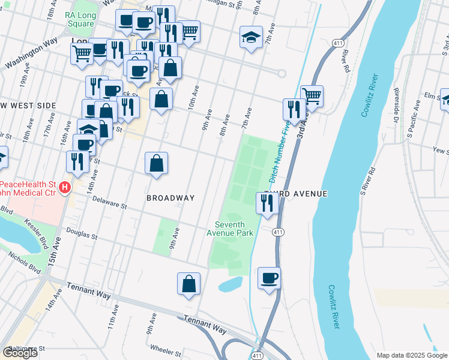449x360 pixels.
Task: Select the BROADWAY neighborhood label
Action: pos(171,198)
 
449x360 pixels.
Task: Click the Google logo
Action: pos(20,352)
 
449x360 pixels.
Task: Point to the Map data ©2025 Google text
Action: pos(411,355)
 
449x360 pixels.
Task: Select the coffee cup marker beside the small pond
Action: pos(270,278)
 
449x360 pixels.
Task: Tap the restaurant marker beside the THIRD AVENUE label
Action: pos(267,203)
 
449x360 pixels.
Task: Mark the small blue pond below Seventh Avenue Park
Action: pos(231,284)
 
